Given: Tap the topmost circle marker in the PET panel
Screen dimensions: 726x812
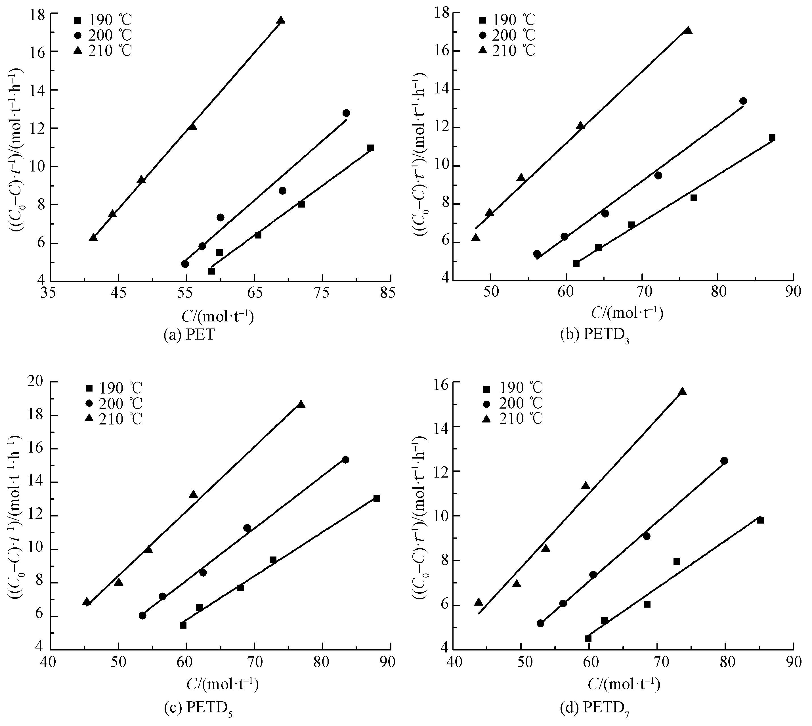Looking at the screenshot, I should (346, 113).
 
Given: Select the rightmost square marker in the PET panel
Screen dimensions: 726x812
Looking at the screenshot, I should (370, 148).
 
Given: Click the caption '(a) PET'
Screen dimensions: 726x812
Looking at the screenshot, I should (189, 334).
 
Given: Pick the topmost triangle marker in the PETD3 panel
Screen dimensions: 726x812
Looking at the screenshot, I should (688, 31).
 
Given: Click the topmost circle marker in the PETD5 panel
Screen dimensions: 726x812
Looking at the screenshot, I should (345, 459).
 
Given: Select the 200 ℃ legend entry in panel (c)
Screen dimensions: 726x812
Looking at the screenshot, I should (114, 404).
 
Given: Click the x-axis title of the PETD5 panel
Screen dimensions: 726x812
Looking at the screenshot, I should (223, 684).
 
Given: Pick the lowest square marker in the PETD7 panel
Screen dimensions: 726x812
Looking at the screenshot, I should (588, 639).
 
